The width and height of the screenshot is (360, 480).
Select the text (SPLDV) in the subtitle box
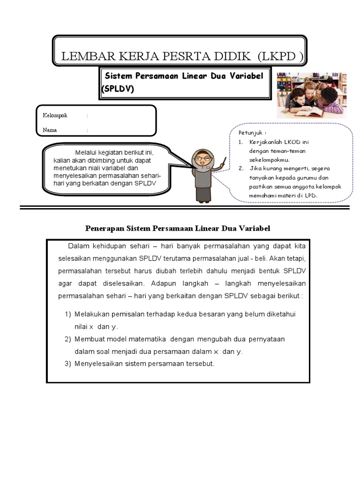(x=118, y=89)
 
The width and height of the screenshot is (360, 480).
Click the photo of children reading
(x=312, y=95)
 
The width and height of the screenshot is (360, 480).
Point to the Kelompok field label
(x=55, y=115)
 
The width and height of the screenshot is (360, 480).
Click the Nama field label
(x=50, y=130)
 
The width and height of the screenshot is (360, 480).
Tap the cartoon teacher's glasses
(x=202, y=158)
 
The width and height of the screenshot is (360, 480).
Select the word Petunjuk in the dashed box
(x=249, y=132)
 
